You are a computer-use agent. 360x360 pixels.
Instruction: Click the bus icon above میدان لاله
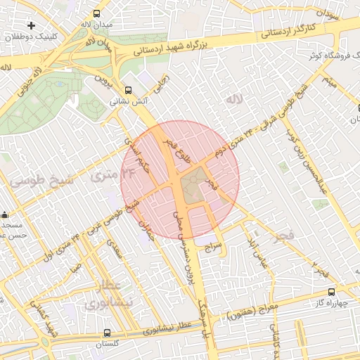coord(96,13)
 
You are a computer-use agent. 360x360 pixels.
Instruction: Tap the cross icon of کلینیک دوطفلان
coord(31,25)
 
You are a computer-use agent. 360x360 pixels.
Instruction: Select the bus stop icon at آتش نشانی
coord(128,90)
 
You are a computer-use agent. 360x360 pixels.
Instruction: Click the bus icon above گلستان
coord(107,333)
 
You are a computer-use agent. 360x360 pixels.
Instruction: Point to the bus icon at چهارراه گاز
coord(331,291)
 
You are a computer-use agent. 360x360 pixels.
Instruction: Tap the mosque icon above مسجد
coord(6,215)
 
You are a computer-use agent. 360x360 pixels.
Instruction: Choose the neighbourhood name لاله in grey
coord(233,101)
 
